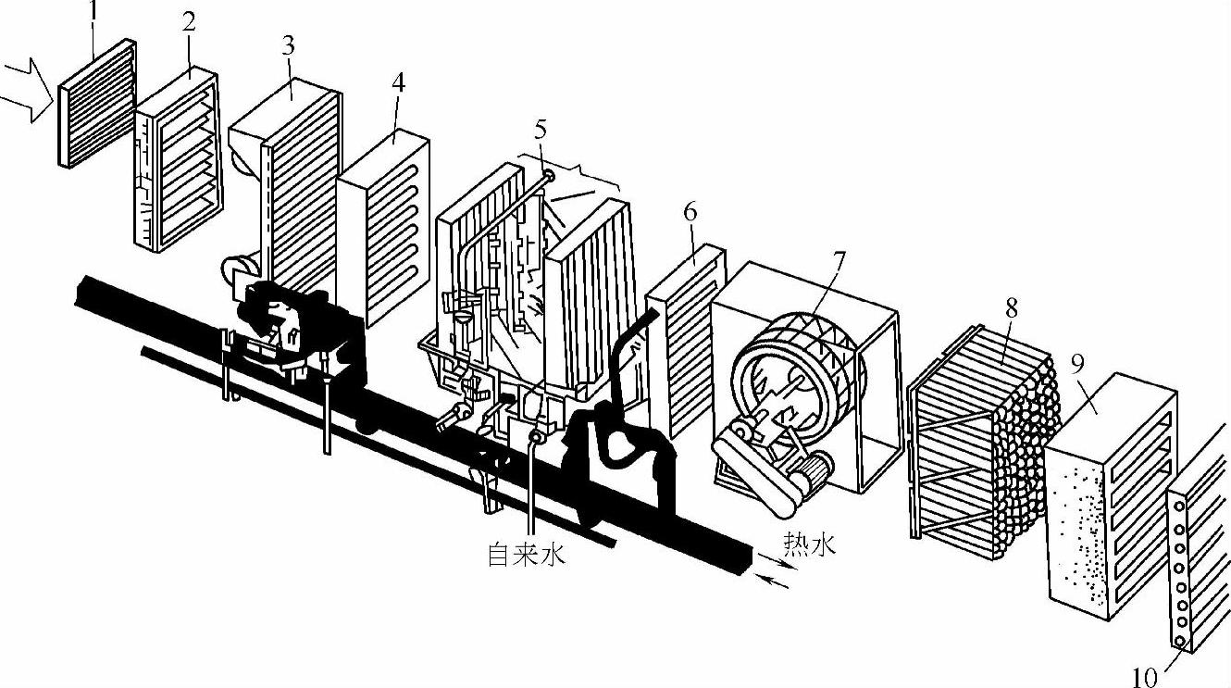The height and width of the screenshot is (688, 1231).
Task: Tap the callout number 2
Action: tap(189, 23)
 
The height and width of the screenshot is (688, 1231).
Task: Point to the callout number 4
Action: tap(398, 81)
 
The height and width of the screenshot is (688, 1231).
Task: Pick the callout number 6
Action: tap(690, 211)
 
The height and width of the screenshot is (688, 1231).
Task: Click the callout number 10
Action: tap(1145, 676)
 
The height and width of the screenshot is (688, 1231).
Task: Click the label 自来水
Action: tap(527, 556)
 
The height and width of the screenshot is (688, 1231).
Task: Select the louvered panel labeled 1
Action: tap(97, 102)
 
